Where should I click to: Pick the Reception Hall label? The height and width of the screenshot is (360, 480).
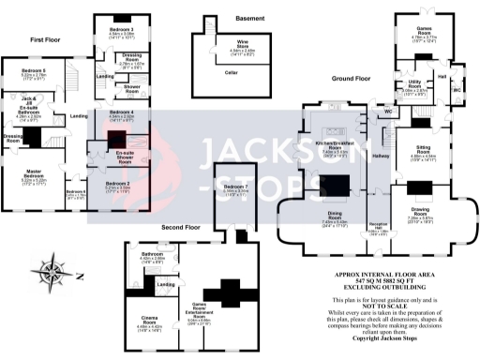[x=379, y=228]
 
